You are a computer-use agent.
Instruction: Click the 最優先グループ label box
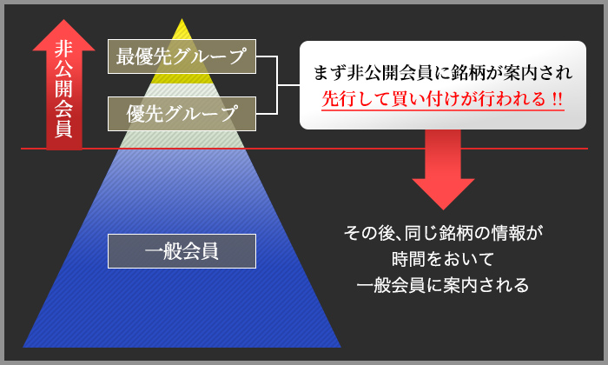pos(182,56)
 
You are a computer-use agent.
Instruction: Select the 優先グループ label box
pos(182,114)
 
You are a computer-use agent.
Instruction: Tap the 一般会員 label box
pos(182,251)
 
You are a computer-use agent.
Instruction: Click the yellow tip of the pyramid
pos(182,50)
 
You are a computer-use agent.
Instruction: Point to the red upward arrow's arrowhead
pos(63,35)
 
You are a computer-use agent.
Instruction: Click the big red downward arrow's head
pos(443,194)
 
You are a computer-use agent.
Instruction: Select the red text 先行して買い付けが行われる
pos(434,99)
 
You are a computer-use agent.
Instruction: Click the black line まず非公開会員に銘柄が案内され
pos(443,72)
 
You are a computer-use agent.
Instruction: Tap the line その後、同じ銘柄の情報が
pos(443,233)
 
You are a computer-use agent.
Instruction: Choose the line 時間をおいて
pos(443,259)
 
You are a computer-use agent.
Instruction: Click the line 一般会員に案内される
pos(443,285)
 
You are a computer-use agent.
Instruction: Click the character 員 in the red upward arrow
pos(63,129)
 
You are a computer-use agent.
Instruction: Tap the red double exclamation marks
pos(558,99)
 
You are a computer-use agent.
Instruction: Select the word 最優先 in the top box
pos(144,56)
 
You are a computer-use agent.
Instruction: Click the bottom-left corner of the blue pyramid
pos(23,347)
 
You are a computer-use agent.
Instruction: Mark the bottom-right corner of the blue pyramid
pos(340,347)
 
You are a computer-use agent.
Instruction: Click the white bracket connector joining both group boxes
pos(278,85)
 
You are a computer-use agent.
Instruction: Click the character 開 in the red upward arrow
pos(63,89)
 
